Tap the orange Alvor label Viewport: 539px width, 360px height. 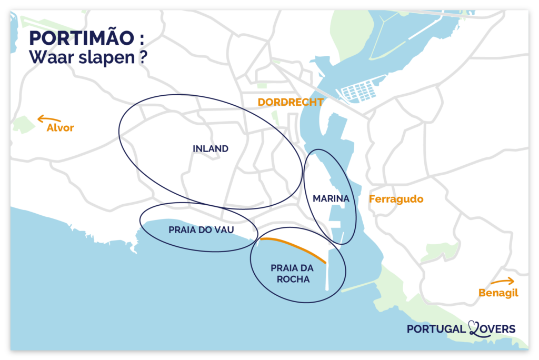[60, 128]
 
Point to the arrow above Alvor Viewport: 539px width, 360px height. [49, 119]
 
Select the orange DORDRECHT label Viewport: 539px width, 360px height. [290, 103]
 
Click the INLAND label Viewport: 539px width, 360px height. [211, 149]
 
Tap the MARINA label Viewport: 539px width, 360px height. [331, 198]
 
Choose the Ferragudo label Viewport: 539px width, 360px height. [396, 199]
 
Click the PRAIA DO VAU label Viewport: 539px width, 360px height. [201, 230]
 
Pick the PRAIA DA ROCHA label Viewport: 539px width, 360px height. [290, 274]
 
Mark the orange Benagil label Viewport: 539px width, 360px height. [498, 293]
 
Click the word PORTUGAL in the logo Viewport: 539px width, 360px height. [436, 329]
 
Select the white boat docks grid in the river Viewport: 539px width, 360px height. [359, 92]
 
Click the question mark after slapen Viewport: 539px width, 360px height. [143, 57]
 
